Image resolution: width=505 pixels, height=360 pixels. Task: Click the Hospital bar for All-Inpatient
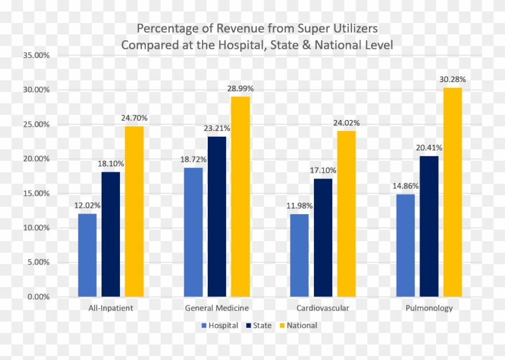[87, 255]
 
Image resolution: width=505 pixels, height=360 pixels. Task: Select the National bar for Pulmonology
[452, 192]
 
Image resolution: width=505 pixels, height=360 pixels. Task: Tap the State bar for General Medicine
[217, 216]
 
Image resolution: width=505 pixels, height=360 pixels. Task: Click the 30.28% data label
[452, 79]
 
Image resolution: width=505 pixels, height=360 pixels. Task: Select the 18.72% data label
[193, 159]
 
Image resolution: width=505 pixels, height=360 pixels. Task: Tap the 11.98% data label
[299, 206]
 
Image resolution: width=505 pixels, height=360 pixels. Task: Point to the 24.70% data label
[134, 118]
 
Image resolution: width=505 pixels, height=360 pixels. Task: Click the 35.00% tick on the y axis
[36, 56]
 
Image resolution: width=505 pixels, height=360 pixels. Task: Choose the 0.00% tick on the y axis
[38, 297]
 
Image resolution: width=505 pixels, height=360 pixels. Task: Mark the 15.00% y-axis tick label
[36, 193]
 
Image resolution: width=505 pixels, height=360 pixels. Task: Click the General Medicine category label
[217, 308]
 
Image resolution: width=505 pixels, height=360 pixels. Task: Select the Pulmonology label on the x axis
[429, 308]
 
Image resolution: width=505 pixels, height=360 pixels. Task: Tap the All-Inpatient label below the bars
[111, 308]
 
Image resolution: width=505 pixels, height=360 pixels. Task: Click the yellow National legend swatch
[281, 326]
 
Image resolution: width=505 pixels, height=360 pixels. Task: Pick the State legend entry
[259, 326]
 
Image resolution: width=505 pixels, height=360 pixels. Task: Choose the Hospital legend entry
[220, 326]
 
